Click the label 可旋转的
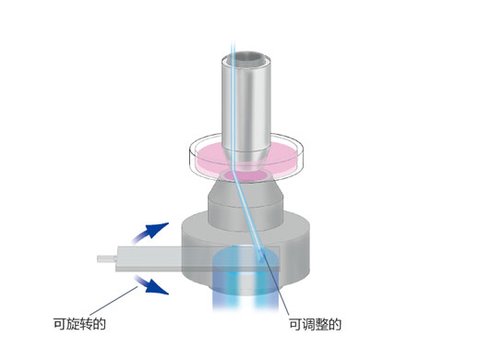pyautogui.click(x=81, y=324)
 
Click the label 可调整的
pyautogui.click(x=316, y=324)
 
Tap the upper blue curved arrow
pyautogui.click(x=153, y=231)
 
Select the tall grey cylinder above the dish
pyautogui.click(x=246, y=102)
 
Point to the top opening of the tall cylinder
pyautogui.click(x=246, y=59)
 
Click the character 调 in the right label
pyautogui.click(x=310, y=324)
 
